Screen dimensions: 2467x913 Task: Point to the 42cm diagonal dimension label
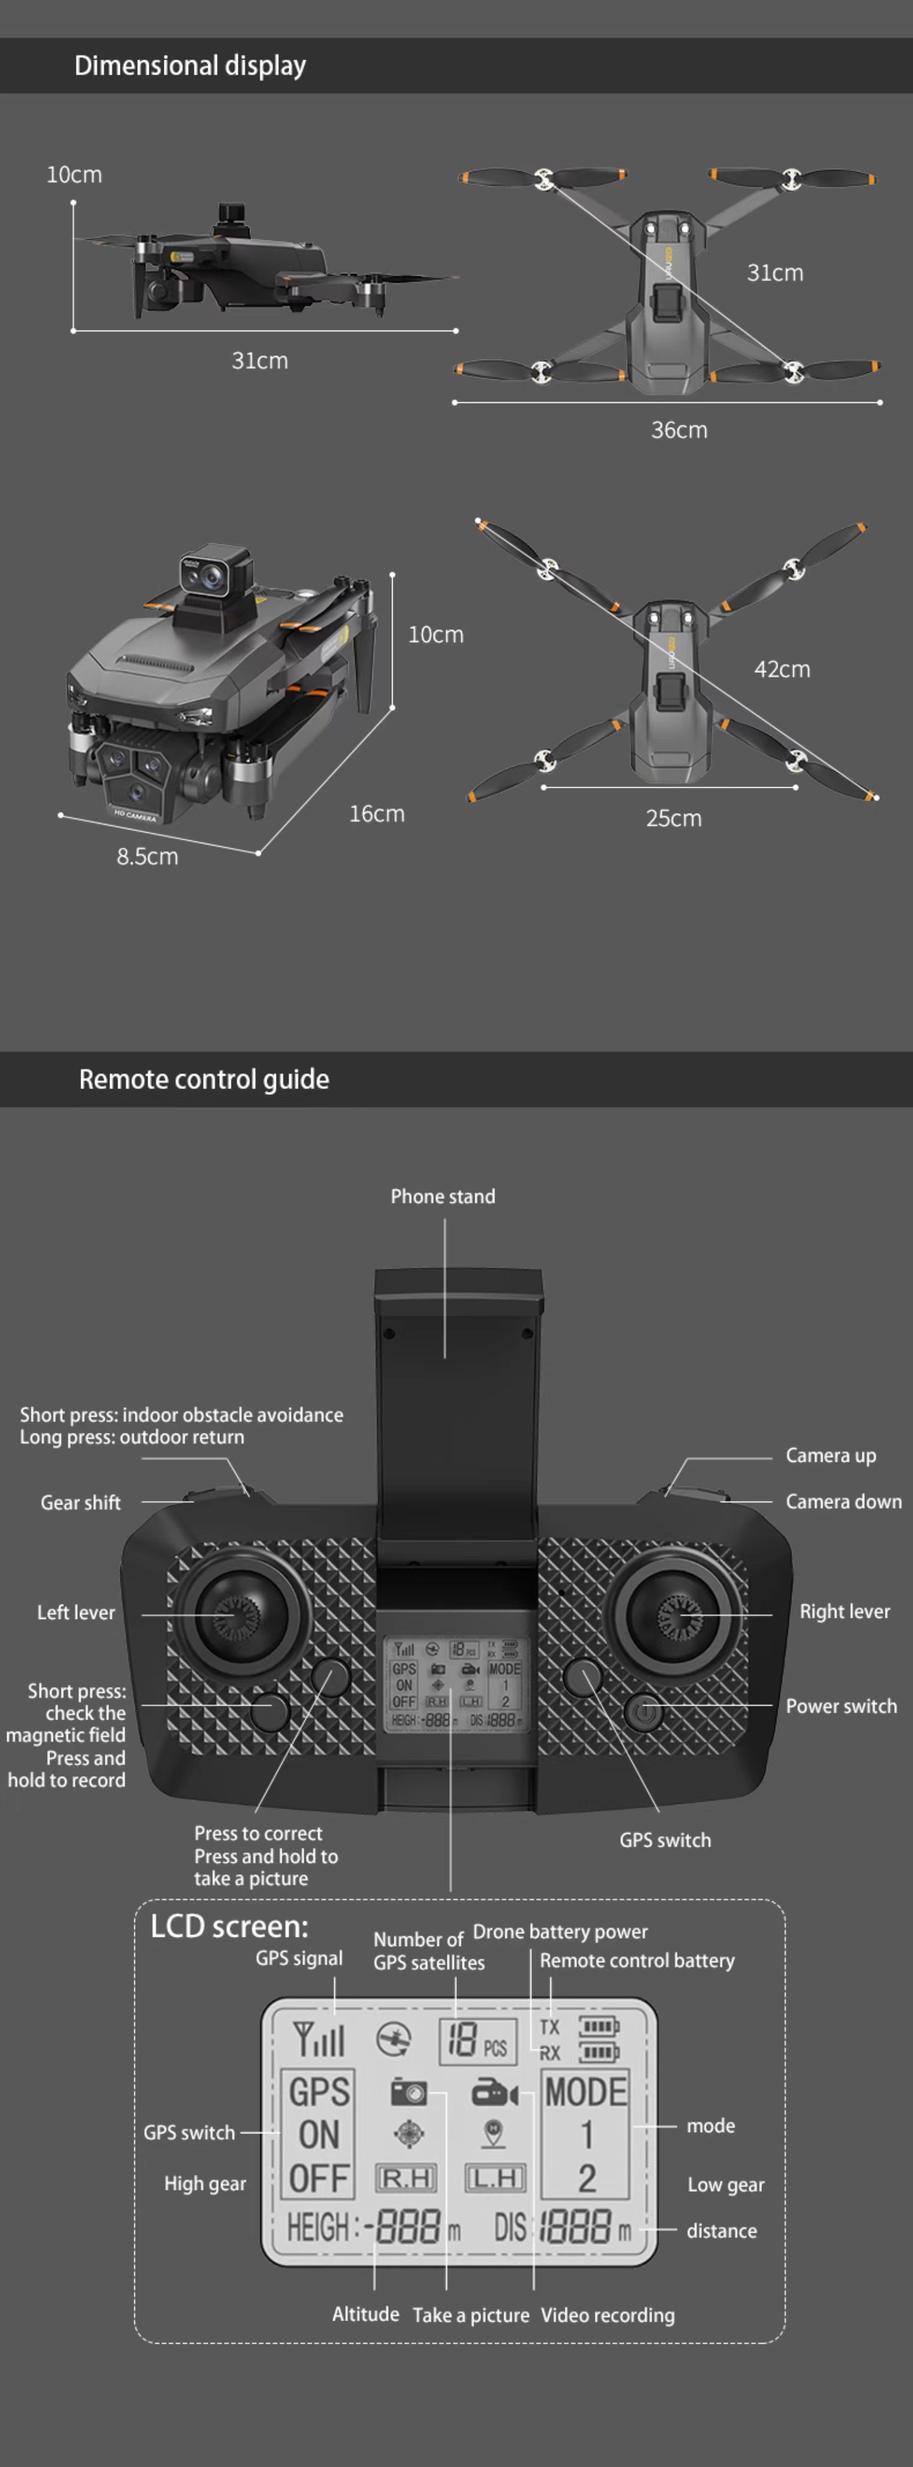(x=782, y=669)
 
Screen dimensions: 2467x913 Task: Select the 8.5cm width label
(x=148, y=857)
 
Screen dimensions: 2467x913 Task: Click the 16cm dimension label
(x=376, y=814)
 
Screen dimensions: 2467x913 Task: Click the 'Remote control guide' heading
(x=204, y=1079)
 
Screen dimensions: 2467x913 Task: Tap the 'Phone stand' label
(x=443, y=1196)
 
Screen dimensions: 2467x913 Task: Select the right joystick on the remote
(x=678, y=1615)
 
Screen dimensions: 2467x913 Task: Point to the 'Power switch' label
(x=841, y=1706)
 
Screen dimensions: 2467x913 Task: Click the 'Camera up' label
(x=830, y=1456)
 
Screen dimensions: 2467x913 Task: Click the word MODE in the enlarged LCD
(x=585, y=2092)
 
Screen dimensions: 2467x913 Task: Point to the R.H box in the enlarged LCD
(x=406, y=2179)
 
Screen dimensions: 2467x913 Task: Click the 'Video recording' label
(x=608, y=2315)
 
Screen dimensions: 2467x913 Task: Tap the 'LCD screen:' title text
(x=229, y=1927)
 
